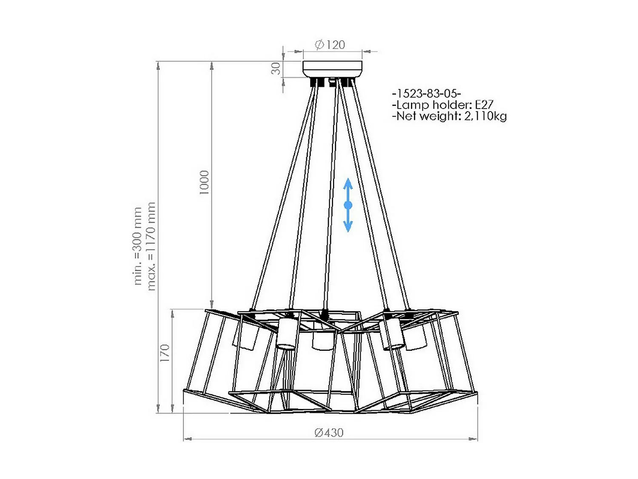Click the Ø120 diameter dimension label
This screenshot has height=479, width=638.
(330, 45)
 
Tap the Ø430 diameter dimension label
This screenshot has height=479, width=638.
(329, 433)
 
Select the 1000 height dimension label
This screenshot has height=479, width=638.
(205, 182)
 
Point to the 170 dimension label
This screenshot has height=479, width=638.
(165, 353)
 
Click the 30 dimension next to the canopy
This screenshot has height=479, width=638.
(276, 69)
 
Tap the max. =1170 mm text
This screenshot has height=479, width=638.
(151, 246)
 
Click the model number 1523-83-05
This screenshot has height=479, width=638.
(427, 93)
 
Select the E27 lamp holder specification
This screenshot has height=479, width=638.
(484, 105)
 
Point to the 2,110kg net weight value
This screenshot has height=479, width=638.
(485, 116)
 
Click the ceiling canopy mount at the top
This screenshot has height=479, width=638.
(332, 69)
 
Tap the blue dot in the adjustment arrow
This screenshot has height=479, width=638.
(348, 205)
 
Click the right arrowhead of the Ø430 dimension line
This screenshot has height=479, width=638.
(473, 439)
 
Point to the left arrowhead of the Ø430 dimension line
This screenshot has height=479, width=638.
(188, 439)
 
